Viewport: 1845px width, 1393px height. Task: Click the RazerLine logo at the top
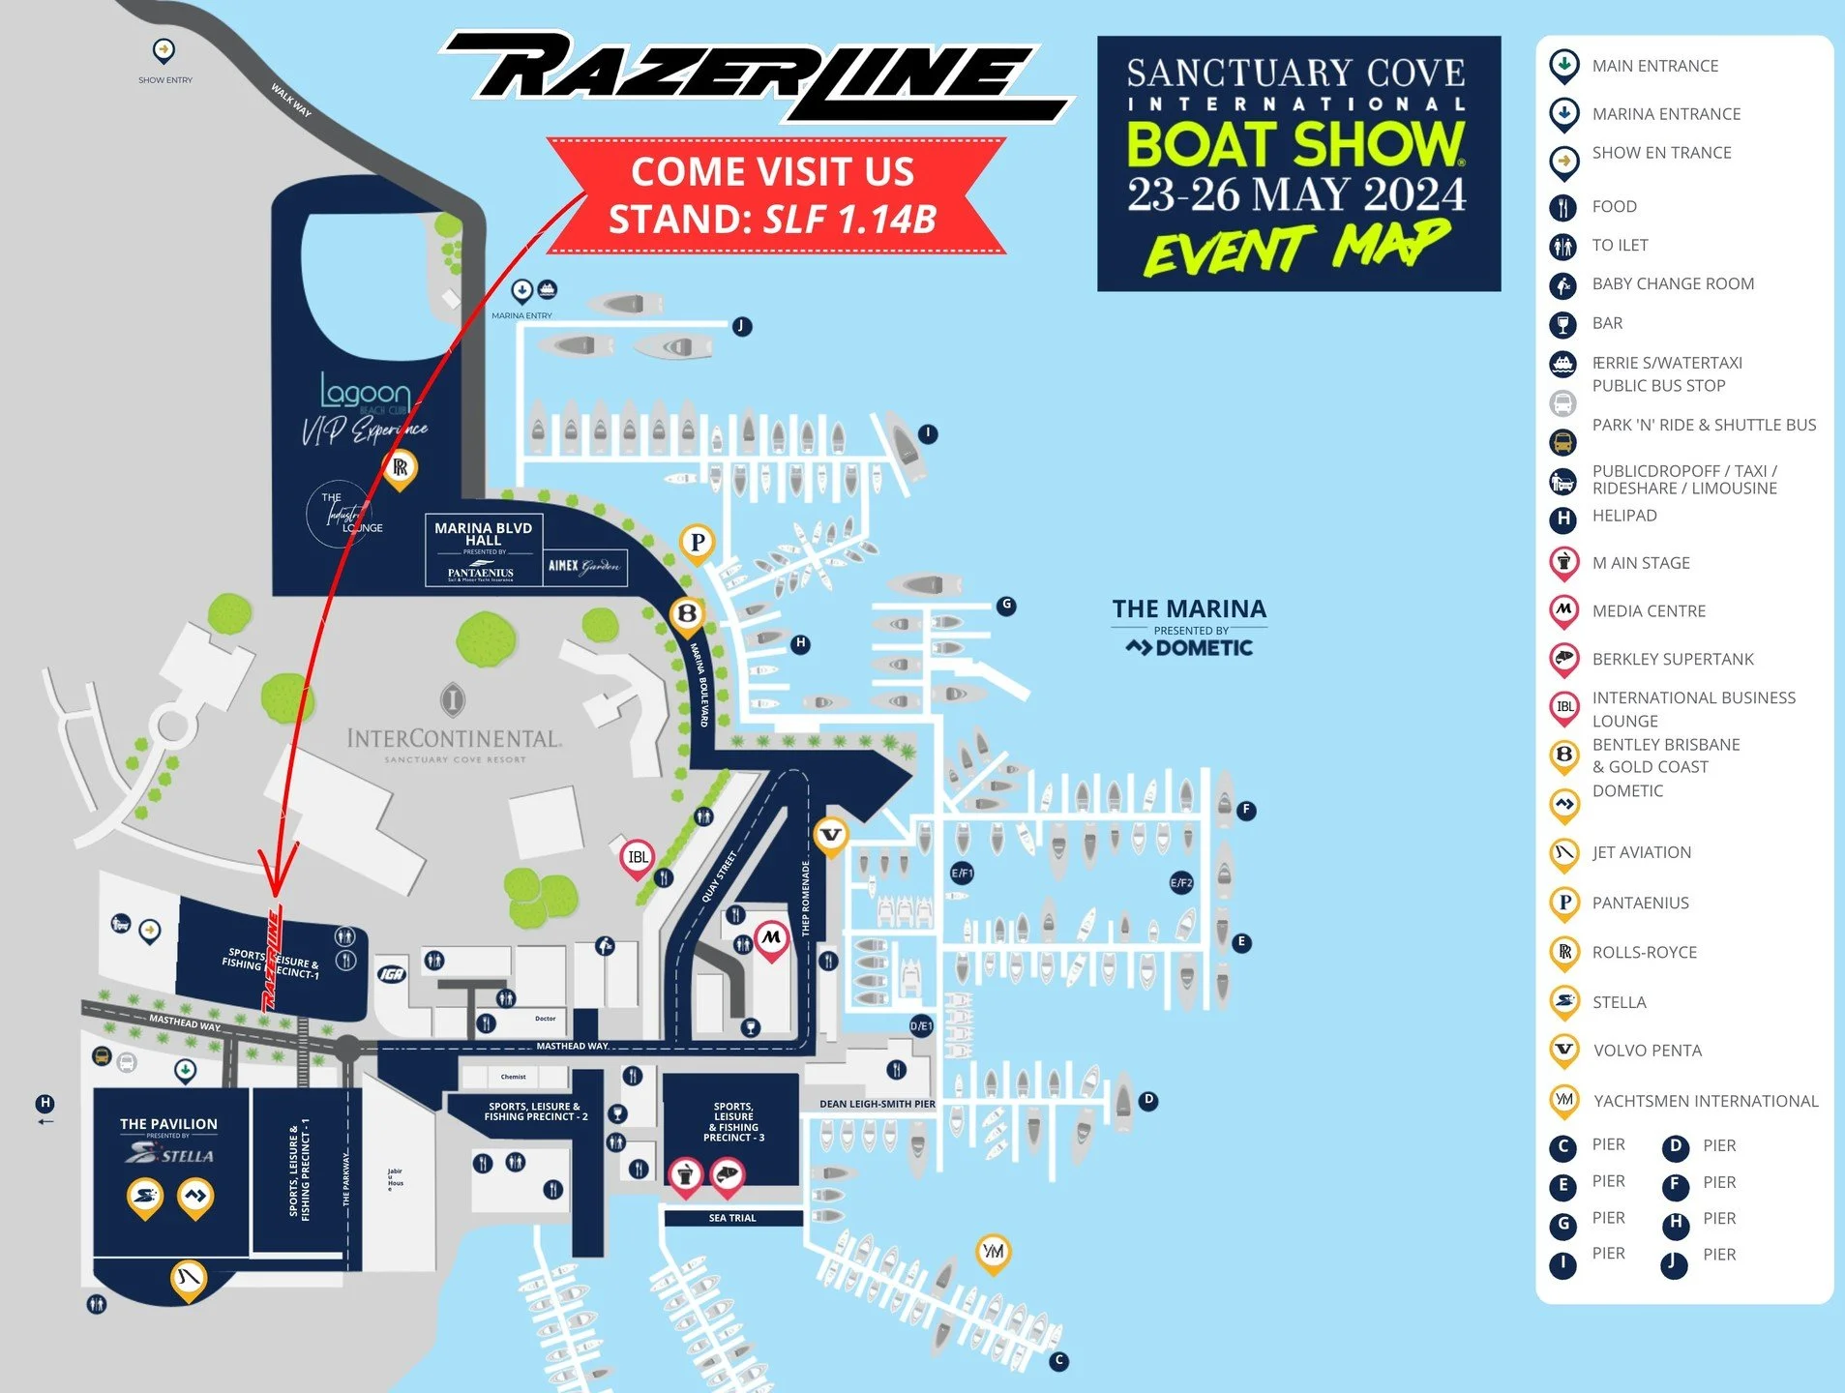755,75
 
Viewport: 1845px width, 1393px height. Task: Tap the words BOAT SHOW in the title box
1295,143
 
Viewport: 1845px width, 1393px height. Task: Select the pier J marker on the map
741,326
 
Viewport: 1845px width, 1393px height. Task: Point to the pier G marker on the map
1006,606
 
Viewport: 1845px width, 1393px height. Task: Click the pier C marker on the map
1058,1360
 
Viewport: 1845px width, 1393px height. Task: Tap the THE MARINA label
1189,609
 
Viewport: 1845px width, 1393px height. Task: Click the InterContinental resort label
454,739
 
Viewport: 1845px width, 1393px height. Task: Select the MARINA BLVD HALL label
483,534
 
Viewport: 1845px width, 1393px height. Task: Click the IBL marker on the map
638,857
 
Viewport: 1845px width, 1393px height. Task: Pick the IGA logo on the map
391,973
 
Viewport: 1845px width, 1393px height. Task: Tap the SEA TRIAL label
732,1218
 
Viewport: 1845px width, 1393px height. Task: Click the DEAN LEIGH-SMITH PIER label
877,1104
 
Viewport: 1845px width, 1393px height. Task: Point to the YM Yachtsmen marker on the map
993,1251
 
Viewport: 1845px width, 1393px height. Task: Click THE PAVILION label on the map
168,1124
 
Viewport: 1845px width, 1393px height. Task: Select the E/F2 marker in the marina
1181,882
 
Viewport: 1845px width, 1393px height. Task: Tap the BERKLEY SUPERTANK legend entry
1672,659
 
